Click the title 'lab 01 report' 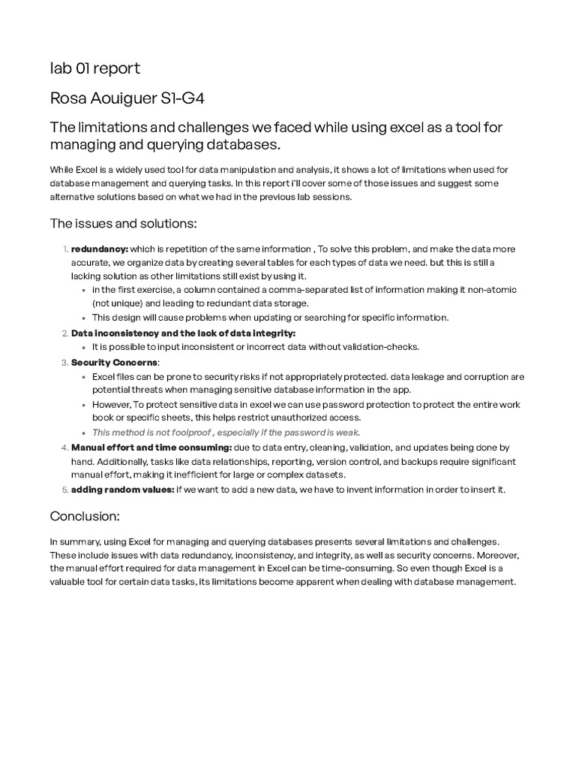94,69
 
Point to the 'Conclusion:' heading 85,516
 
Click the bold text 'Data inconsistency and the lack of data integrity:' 183,333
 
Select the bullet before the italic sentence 84,433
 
